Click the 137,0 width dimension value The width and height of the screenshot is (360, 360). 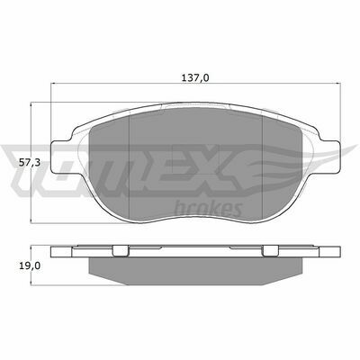[x=195, y=78]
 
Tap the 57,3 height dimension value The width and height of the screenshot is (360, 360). [x=30, y=163]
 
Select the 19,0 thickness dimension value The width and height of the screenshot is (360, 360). [x=30, y=265]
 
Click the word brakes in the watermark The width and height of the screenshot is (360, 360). [x=208, y=209]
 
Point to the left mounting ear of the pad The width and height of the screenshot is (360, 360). [x=61, y=157]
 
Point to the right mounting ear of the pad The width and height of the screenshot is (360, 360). [x=329, y=157]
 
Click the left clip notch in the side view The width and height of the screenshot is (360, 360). [x=121, y=251]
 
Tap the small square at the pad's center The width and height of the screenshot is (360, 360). [x=195, y=158]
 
